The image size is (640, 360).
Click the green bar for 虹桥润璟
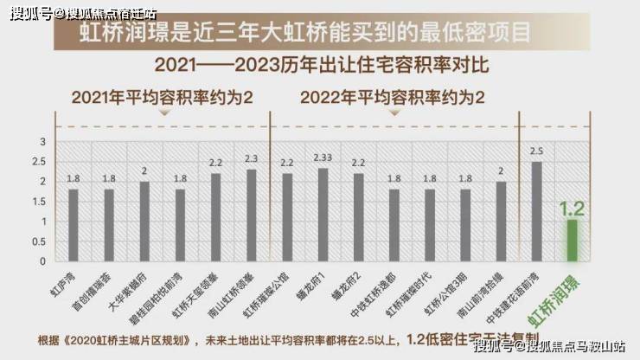pos(571,240)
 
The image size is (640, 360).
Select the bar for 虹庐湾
pos(74,225)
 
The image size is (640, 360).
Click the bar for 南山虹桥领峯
pos(252,215)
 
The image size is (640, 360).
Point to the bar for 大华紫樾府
pos(144,221)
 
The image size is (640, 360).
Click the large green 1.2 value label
pos(572,208)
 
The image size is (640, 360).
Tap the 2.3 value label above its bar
pos(252,159)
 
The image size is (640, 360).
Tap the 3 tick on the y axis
pos(43,142)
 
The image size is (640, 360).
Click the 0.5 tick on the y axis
pos(41,241)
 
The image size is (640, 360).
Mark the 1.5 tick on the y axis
pos(41,202)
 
